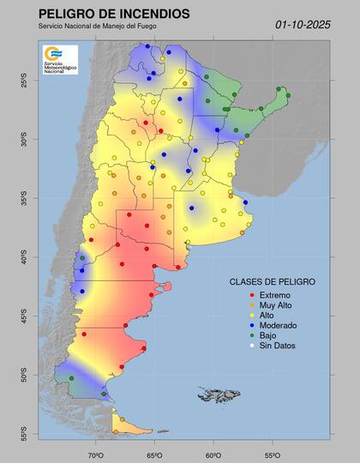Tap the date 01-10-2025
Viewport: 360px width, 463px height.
pos(303,25)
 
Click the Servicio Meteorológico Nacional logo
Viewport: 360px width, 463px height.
pos(59,59)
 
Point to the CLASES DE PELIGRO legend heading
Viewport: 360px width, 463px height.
pos(273,281)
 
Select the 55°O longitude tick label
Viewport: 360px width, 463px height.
pos(270,454)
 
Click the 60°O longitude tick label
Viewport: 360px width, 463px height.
pos(213,454)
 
